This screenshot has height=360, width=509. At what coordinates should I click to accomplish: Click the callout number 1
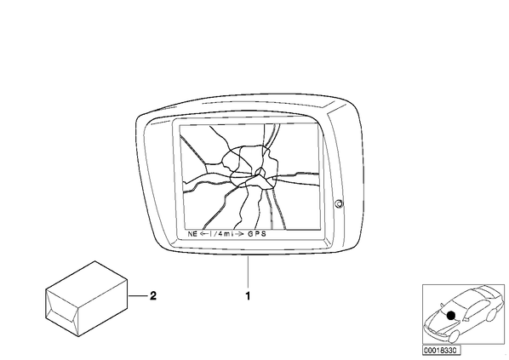[x=248, y=296]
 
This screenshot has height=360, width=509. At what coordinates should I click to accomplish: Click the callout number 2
[x=153, y=295]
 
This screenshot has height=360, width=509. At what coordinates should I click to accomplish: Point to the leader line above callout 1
[x=248, y=272]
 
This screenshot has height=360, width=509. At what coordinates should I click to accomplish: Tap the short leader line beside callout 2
[x=138, y=296]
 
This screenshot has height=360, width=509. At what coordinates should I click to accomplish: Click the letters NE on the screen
[x=192, y=234]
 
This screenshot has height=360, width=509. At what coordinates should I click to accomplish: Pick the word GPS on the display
[x=257, y=234]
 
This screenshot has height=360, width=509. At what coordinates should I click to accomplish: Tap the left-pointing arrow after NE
[x=204, y=234]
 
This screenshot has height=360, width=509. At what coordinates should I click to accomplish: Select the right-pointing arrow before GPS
[x=239, y=234]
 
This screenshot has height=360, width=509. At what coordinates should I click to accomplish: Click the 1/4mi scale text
[x=222, y=234]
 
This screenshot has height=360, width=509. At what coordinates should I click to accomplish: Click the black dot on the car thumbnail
[x=451, y=315]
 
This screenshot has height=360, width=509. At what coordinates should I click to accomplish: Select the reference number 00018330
[x=441, y=351]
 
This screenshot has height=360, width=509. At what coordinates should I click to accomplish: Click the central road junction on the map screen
[x=259, y=173]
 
